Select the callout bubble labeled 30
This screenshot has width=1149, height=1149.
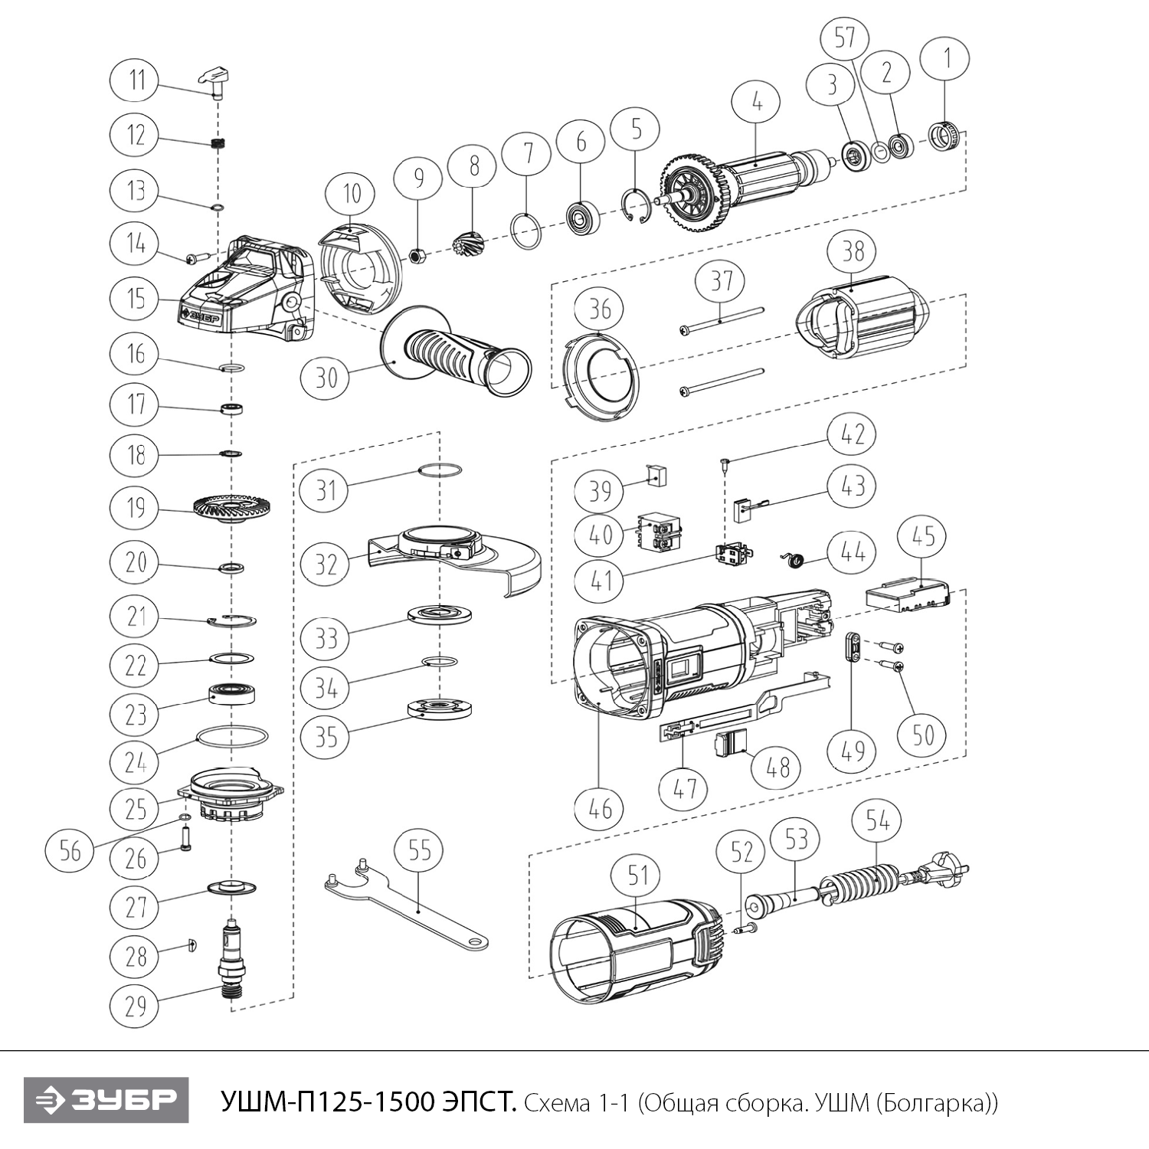(x=326, y=377)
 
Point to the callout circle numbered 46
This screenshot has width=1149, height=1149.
(x=600, y=808)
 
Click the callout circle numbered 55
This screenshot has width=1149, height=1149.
(x=420, y=852)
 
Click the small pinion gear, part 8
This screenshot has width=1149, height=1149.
(x=470, y=247)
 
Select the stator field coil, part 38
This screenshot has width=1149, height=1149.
(x=862, y=322)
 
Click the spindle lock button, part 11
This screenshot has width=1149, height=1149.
(x=216, y=80)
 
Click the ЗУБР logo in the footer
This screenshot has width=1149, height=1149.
(x=106, y=1099)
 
